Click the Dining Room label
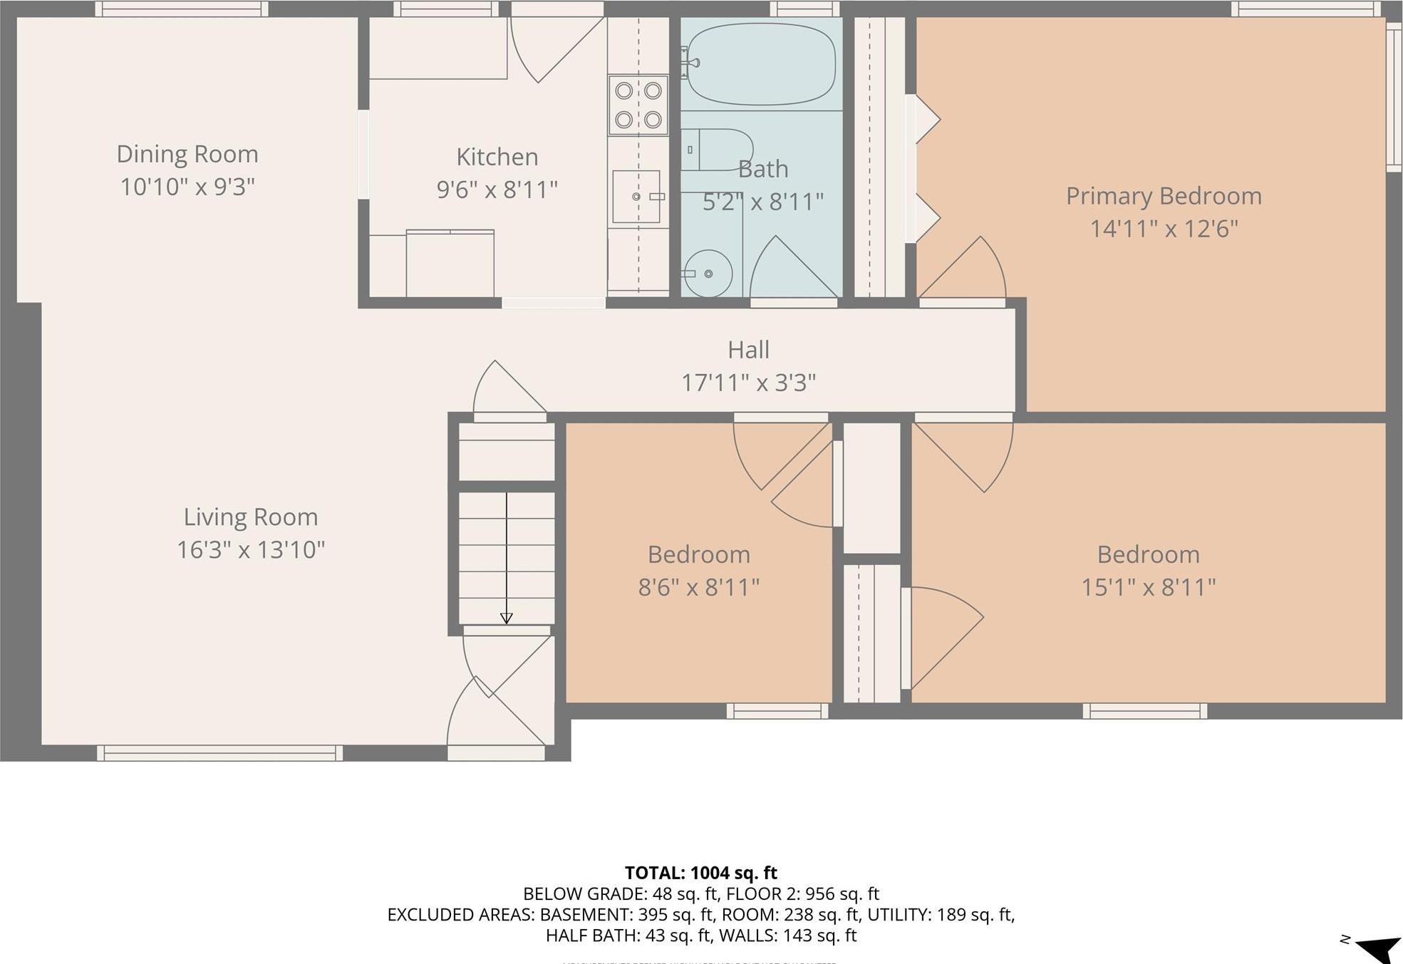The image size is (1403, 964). pyautogui.click(x=187, y=154)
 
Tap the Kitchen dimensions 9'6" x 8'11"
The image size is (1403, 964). pyautogui.click(x=497, y=190)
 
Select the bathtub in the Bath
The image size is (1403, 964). pyautogui.click(x=760, y=64)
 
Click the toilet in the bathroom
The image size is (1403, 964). pyautogui.click(x=715, y=150)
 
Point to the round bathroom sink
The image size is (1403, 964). pyautogui.click(x=708, y=273)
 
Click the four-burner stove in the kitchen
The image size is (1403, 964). pyautogui.click(x=638, y=105)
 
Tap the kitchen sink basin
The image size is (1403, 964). pyautogui.click(x=636, y=197)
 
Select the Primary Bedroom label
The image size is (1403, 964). pyautogui.click(x=1163, y=196)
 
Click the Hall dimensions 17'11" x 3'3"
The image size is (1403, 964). pyautogui.click(x=748, y=383)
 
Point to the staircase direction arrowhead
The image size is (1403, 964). pyautogui.click(x=507, y=618)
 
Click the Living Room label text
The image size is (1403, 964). pyautogui.click(x=251, y=517)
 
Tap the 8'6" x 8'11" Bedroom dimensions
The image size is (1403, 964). pyautogui.click(x=698, y=587)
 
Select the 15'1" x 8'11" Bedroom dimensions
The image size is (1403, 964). pyautogui.click(x=1148, y=587)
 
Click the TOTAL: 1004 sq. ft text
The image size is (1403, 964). pyautogui.click(x=700, y=873)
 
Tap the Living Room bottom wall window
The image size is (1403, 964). pyautogui.click(x=219, y=753)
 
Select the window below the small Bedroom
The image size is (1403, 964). pyautogui.click(x=777, y=710)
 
